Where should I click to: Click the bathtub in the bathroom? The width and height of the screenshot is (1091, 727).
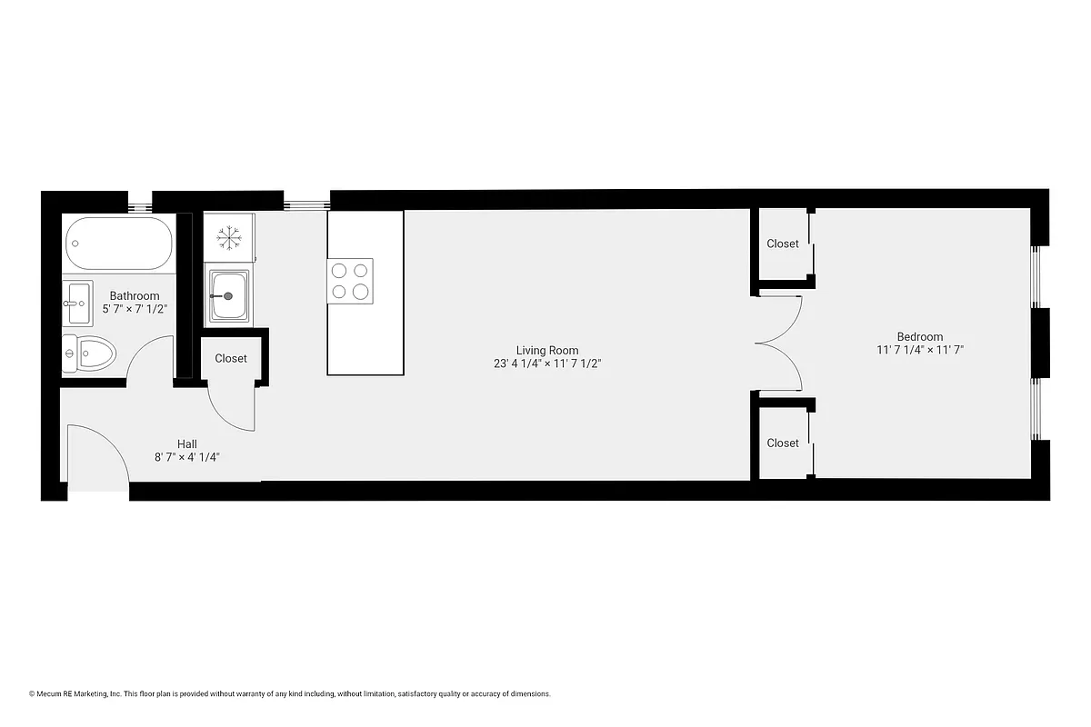tap(118, 243)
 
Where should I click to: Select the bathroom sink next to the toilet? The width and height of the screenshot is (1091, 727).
tap(77, 303)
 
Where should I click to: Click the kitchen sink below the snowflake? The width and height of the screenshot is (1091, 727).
tap(228, 295)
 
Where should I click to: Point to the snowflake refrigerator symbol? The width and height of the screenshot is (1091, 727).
tap(227, 238)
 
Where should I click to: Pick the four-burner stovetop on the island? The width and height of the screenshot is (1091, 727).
tap(351, 280)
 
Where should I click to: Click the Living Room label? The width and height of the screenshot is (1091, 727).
tap(547, 350)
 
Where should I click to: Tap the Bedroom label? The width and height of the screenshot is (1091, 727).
tap(919, 336)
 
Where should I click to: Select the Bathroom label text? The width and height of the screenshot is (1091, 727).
tap(135, 295)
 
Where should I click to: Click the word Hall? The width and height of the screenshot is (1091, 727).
tap(187, 443)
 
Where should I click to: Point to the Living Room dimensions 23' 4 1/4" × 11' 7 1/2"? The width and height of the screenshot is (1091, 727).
tap(547, 363)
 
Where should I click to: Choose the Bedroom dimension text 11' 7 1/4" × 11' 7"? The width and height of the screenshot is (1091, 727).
tap(919, 349)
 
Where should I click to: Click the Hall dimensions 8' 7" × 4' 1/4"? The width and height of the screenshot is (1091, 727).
tap(187, 457)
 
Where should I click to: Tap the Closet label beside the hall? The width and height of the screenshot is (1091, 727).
tap(231, 358)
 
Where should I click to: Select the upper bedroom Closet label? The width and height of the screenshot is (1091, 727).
tap(783, 244)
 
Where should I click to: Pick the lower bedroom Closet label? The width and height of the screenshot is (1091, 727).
tap(783, 443)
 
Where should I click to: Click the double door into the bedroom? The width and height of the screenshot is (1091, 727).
tap(779, 344)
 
